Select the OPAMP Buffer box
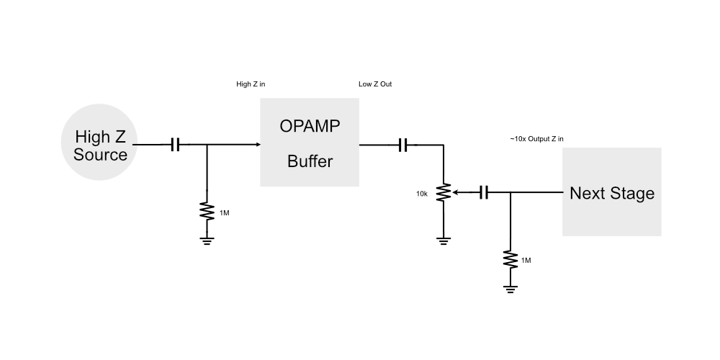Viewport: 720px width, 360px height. tap(310, 143)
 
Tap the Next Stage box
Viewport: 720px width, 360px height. tap(611, 192)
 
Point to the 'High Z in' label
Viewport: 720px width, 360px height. tap(251, 84)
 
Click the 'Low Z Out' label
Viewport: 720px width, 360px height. tap(375, 84)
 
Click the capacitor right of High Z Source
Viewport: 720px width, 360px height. tap(175, 145)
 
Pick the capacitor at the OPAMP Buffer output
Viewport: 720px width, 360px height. tap(403, 145)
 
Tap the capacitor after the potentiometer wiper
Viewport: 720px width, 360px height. tap(485, 192)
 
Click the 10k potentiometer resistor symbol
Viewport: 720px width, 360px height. tap(444, 192)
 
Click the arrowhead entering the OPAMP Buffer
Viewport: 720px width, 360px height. tap(256, 145)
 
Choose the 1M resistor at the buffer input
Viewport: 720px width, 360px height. tap(207, 212)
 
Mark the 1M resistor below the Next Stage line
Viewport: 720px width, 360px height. tap(510, 258)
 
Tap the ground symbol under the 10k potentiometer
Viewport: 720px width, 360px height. tap(444, 240)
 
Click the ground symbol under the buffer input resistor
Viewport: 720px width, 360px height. tap(207, 240)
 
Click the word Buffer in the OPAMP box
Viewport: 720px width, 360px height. tap(310, 161)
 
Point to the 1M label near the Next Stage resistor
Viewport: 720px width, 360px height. tap(526, 259)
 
